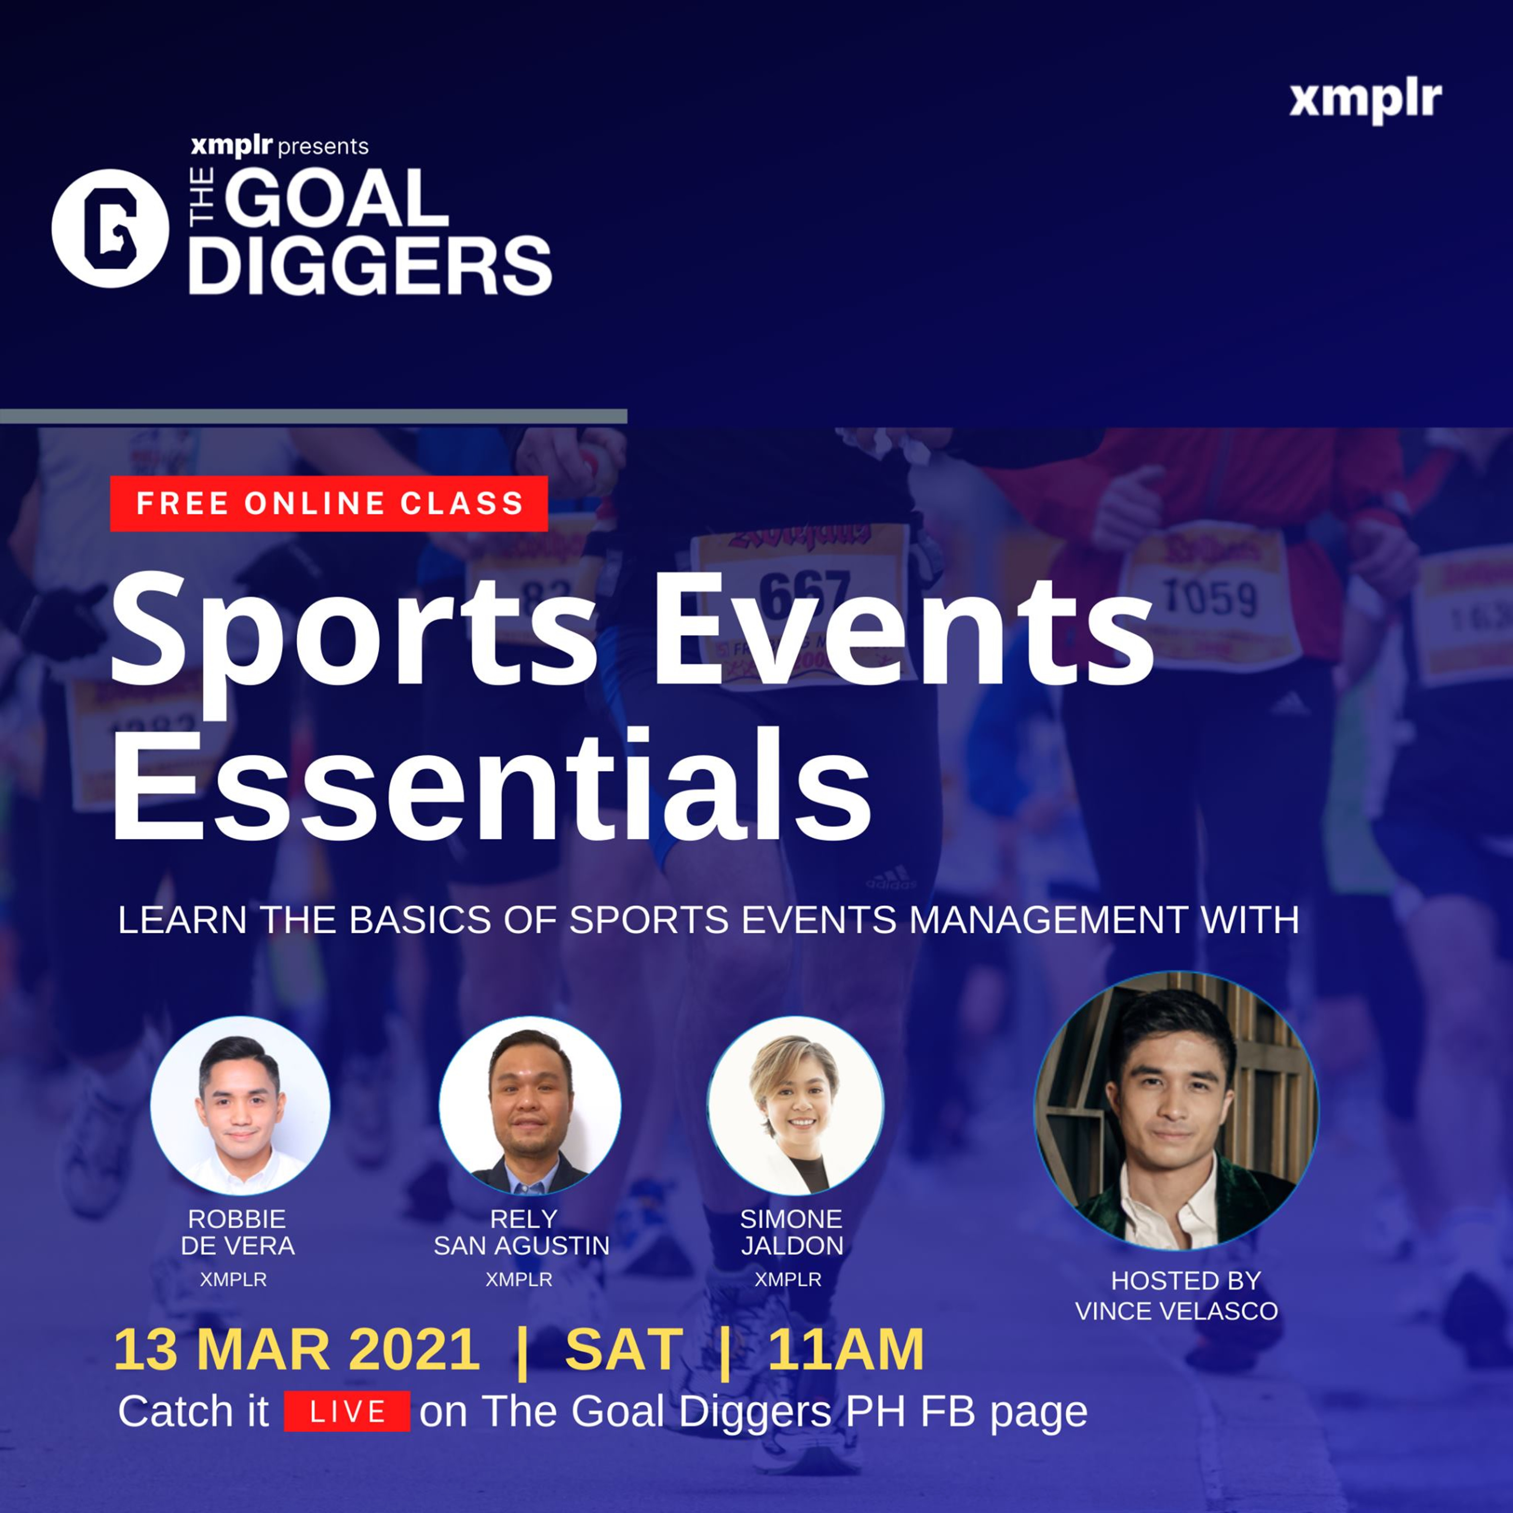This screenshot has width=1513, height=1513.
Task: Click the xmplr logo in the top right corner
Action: coord(1366,102)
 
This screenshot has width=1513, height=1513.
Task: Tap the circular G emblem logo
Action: coord(109,228)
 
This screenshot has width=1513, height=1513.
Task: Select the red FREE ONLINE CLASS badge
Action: coord(329,503)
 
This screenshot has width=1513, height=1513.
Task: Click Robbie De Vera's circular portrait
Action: coord(241,1104)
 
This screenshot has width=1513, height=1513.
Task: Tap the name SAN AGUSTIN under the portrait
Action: coord(521,1245)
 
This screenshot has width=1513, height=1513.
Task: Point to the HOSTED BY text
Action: coord(1186,1281)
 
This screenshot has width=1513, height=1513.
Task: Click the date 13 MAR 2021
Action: coord(297,1349)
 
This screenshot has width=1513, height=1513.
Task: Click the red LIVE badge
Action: coord(347,1411)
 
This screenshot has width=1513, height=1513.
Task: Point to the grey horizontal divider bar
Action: coord(313,416)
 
